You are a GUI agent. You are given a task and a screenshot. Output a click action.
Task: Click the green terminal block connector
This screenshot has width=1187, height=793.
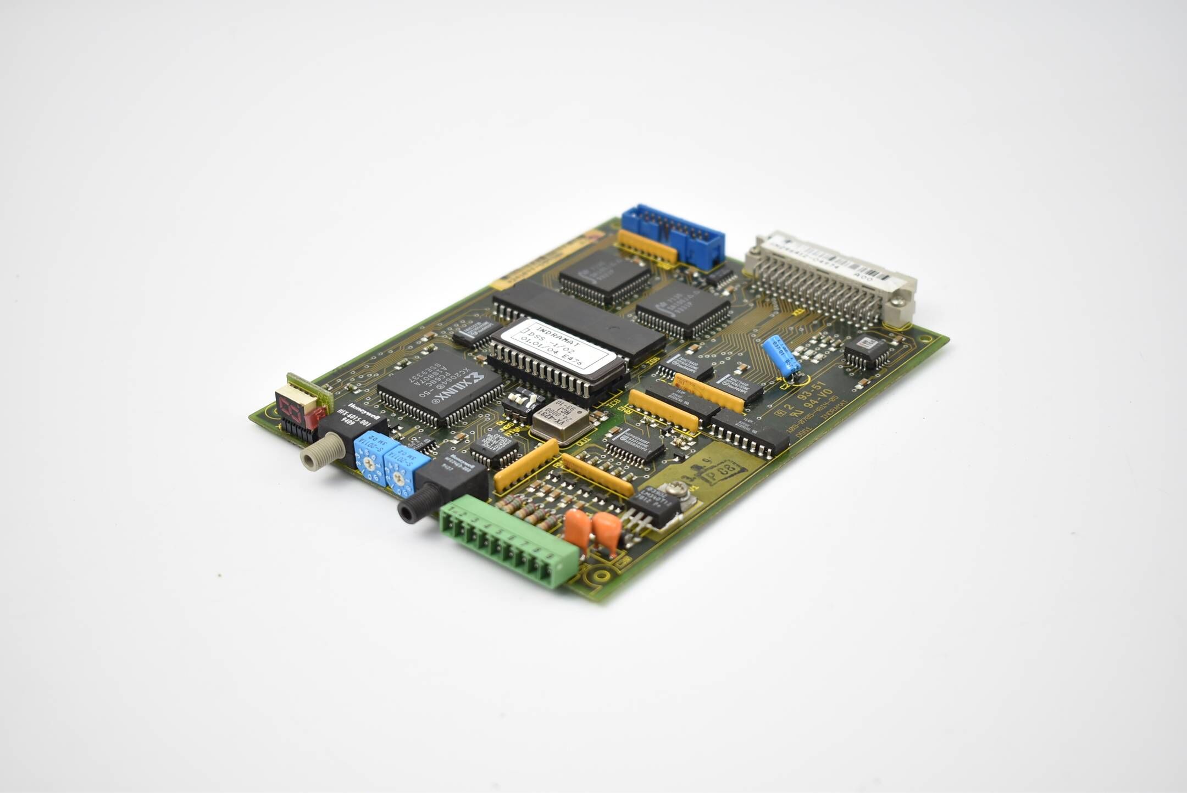point(508,541)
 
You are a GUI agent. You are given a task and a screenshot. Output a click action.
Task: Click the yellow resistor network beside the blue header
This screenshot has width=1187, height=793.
point(647,246)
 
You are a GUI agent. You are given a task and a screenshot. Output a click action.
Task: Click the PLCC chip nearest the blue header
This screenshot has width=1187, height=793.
point(604,277)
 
